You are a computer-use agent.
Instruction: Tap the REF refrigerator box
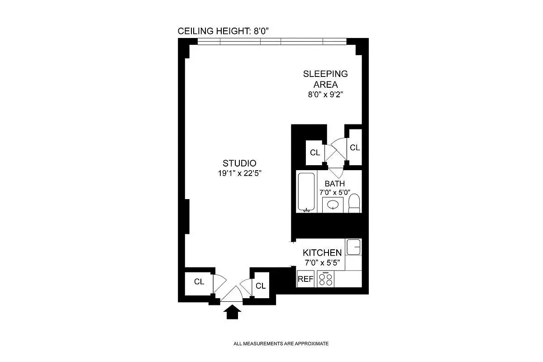tap(305, 279)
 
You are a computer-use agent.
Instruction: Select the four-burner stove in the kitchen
tap(325, 279)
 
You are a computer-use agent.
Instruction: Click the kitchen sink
tap(353, 248)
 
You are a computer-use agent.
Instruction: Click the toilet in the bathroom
tap(355, 203)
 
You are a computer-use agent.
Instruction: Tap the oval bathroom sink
tap(333, 205)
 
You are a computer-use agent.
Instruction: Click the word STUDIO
tap(239, 163)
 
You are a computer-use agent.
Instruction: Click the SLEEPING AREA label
tap(325, 79)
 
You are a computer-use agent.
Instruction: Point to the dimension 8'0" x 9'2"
tap(325, 95)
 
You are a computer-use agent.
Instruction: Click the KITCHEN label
tap(322, 253)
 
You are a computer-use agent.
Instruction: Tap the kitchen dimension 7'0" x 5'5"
tap(322, 263)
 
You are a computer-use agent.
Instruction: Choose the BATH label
tap(334, 184)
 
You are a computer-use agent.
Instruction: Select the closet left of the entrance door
tap(199, 281)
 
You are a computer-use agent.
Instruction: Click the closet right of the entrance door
tap(260, 286)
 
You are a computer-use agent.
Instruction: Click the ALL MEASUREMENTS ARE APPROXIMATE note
tap(281, 344)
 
